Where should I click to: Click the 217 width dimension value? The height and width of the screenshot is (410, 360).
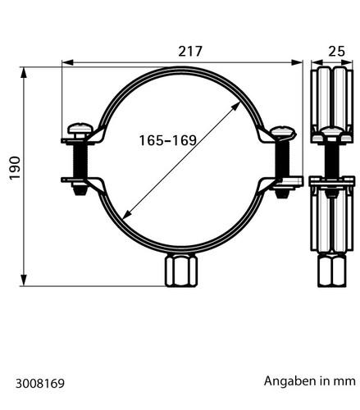(190, 52)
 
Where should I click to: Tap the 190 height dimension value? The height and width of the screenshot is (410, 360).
(15, 168)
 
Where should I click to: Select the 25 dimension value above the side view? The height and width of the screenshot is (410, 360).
(336, 52)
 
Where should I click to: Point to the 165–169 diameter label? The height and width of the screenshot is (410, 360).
(168, 140)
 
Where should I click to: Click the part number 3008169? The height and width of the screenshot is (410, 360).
(40, 384)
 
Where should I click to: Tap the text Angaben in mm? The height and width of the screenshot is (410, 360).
(310, 381)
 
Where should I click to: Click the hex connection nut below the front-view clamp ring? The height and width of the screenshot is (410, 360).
(181, 271)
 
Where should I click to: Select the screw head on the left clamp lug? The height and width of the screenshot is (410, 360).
(80, 129)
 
